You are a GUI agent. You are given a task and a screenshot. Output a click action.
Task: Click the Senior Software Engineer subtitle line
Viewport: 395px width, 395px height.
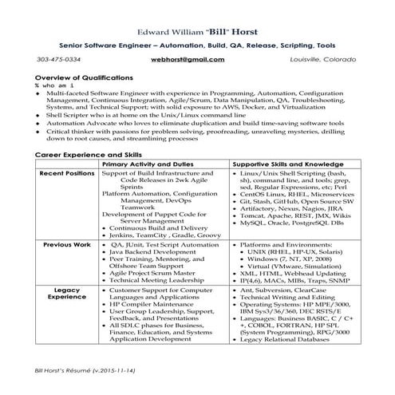tap(196, 46)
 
